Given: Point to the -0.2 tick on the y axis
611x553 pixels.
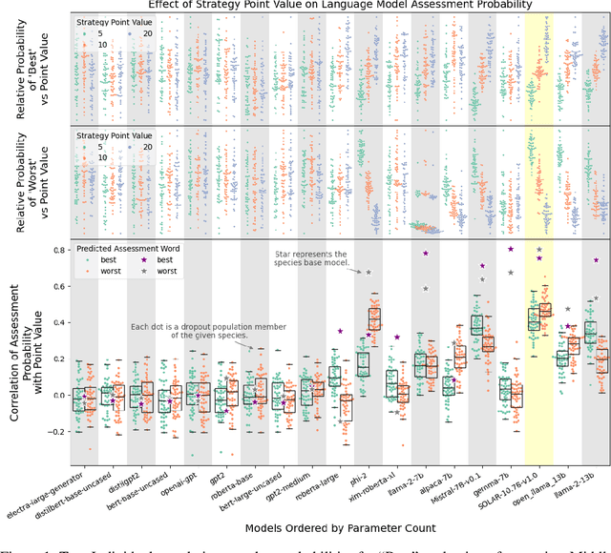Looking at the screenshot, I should coord(58,432).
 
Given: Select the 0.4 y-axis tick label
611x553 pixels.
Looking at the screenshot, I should coord(60,321).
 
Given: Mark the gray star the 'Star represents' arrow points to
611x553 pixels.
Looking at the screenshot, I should coord(368,273).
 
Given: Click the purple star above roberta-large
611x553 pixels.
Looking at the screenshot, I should coord(339,331).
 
